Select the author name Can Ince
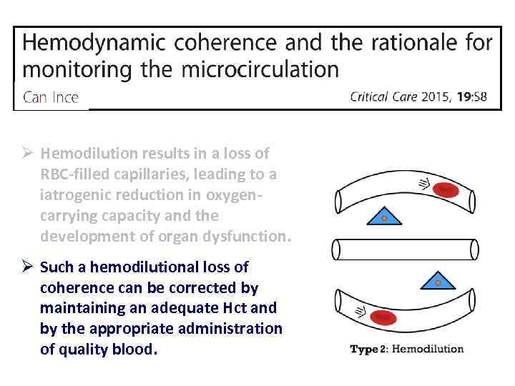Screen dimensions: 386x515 click(x=51, y=97)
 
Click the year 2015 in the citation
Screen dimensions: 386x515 click(x=432, y=97)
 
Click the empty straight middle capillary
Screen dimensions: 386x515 click(x=405, y=249)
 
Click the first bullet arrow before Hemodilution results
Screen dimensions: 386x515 click(x=26, y=154)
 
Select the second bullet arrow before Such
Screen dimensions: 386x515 click(x=26, y=267)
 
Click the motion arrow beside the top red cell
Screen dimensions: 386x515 click(x=423, y=184)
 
